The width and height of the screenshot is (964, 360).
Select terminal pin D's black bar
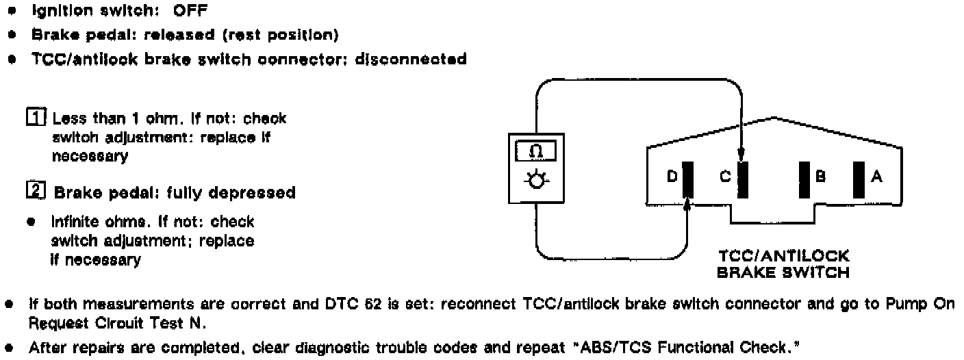[x=688, y=178]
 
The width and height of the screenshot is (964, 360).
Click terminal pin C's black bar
[x=743, y=178]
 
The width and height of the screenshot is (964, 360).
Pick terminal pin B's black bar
[x=804, y=178]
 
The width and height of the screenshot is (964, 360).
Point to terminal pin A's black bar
[x=859, y=178]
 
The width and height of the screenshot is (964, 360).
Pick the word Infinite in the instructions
[x=75, y=222]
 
